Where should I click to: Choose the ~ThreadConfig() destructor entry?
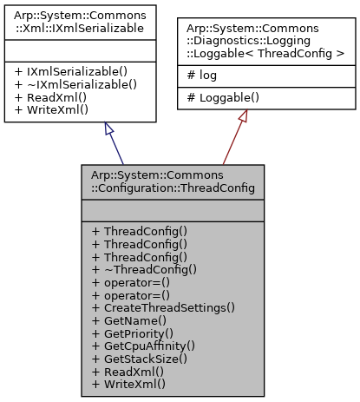144,269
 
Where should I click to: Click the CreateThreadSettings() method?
163,307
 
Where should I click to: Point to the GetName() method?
128,320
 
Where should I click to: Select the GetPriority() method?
134,333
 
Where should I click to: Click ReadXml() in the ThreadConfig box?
129,371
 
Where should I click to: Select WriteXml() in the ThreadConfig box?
131,383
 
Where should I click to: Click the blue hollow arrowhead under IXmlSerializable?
108,128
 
